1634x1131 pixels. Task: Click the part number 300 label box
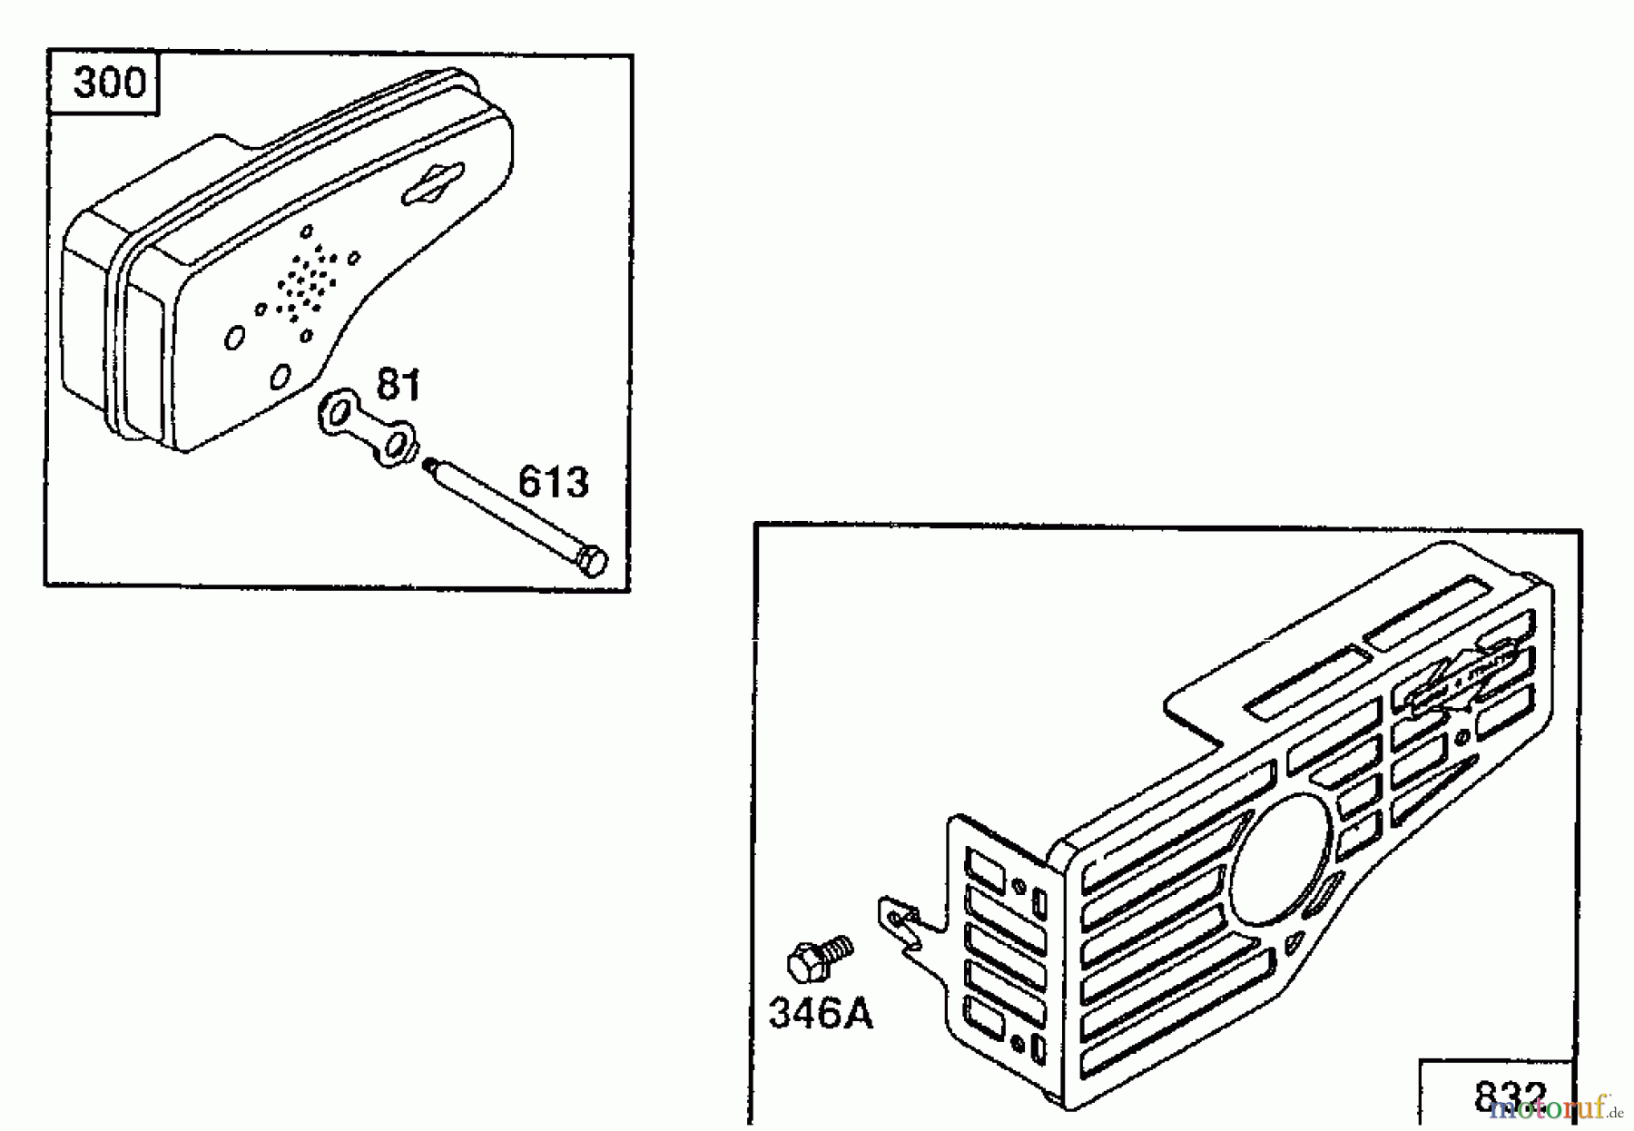tap(107, 84)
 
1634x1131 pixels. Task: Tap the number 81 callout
tap(399, 385)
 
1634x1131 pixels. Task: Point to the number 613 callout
tap(553, 482)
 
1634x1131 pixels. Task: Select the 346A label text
tap(821, 1014)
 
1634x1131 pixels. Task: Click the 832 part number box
tap(1510, 1095)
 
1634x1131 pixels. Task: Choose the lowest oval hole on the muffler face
tap(281, 375)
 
